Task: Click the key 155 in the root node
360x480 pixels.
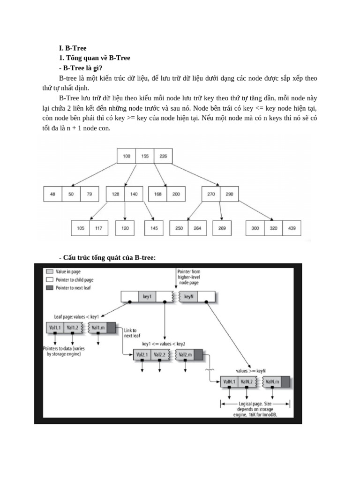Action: (x=145, y=156)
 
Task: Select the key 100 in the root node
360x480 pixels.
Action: (x=127, y=156)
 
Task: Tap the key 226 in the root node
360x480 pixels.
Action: (x=163, y=156)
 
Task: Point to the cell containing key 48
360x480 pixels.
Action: (x=52, y=194)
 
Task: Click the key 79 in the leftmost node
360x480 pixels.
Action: (x=89, y=194)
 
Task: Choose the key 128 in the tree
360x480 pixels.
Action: (x=115, y=194)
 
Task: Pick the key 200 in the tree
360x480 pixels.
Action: (x=176, y=194)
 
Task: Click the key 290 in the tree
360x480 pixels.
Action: (x=229, y=194)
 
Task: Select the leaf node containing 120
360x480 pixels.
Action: (x=125, y=228)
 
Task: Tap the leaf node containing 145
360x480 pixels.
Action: (x=155, y=228)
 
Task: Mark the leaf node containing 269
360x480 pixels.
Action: (x=222, y=228)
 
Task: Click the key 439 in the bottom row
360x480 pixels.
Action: (x=292, y=228)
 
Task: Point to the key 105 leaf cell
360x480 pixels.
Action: (x=80, y=228)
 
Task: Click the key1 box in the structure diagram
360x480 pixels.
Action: (x=147, y=296)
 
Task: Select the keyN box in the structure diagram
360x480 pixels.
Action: (x=189, y=296)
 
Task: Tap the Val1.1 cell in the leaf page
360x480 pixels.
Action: (x=55, y=327)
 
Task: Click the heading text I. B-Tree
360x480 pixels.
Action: (x=73, y=48)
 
